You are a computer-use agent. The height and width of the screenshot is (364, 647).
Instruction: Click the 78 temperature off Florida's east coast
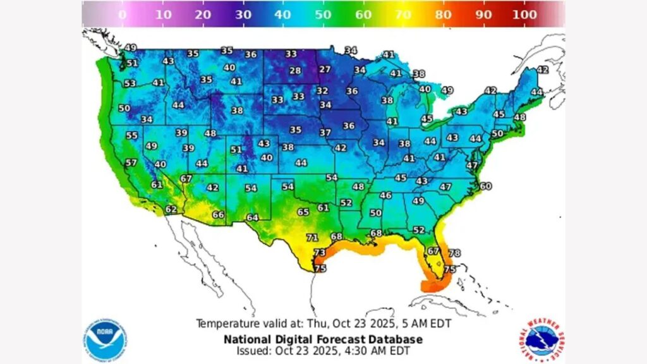(x=454, y=253)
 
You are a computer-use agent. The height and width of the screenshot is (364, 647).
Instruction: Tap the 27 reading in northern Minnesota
(x=324, y=70)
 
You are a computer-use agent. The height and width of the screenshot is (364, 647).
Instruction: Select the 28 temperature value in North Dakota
(x=295, y=71)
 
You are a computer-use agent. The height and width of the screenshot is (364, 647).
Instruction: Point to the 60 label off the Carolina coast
(x=485, y=186)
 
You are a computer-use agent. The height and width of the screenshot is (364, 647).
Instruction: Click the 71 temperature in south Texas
(x=311, y=238)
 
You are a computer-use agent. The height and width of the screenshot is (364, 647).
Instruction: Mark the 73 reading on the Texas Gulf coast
(x=320, y=253)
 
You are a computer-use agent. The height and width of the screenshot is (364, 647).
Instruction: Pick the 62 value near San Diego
(x=171, y=209)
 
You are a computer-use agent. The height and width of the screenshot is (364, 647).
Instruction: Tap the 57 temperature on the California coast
(x=131, y=162)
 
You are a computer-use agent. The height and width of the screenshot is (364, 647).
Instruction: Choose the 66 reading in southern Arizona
(x=218, y=215)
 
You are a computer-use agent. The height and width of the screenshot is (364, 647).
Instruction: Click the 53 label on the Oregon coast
(x=130, y=83)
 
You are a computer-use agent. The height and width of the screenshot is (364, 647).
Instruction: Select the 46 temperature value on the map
(x=385, y=196)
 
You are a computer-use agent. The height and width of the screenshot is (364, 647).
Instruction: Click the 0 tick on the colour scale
(x=122, y=14)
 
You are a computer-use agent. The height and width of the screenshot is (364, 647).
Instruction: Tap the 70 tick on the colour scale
(x=404, y=14)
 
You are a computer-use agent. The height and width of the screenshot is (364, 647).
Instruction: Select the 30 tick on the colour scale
(x=243, y=14)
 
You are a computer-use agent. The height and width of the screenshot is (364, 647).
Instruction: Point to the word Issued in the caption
(x=254, y=350)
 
